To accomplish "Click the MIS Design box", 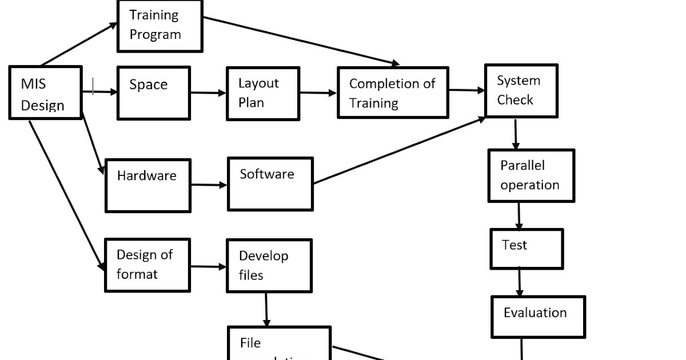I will pyautogui.click(x=46, y=93).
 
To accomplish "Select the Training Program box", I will pyautogui.click(x=159, y=26).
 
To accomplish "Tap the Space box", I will pyautogui.click(x=153, y=93).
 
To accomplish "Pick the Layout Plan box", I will pyautogui.click(x=262, y=94).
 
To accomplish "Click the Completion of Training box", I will pyautogui.click(x=392, y=93).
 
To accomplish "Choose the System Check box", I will pyautogui.click(x=521, y=91).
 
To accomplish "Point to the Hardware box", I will pyautogui.click(x=147, y=186).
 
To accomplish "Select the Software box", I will pyautogui.click(x=270, y=184).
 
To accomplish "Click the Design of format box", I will pyautogui.click(x=147, y=265).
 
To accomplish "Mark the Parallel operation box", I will pyautogui.click(x=531, y=175).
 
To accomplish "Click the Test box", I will pyautogui.click(x=526, y=249).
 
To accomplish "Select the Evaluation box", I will pyautogui.click(x=537, y=317).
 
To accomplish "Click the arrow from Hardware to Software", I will pyautogui.click(x=209, y=185).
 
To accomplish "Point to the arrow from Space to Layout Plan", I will pyautogui.click(x=208, y=93).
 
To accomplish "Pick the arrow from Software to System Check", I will pyautogui.click(x=399, y=150).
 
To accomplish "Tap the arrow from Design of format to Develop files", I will pyautogui.click(x=208, y=266).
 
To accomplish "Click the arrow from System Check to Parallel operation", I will pyautogui.click(x=516, y=134).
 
